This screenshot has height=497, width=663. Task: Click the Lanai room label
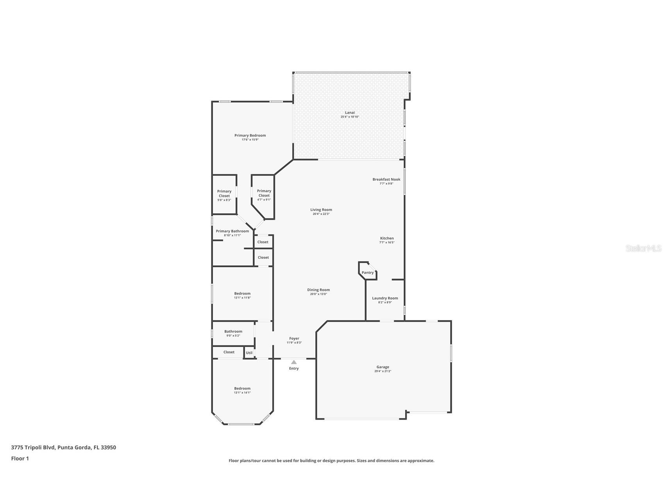pyautogui.click(x=350, y=113)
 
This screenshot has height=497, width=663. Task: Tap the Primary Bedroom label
pyautogui.click(x=250, y=136)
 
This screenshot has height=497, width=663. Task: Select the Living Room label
pyautogui.click(x=321, y=210)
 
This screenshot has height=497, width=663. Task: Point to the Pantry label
pyautogui.click(x=368, y=273)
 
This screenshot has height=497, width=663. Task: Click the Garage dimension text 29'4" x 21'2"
pyautogui.click(x=382, y=371)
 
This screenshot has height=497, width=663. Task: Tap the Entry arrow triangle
pyautogui.click(x=294, y=362)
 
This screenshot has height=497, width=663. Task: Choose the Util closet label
pyautogui.click(x=249, y=353)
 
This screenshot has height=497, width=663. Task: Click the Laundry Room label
pyautogui.click(x=385, y=298)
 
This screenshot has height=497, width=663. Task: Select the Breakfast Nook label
pyautogui.click(x=386, y=179)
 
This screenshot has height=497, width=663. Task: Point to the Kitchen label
pyautogui.click(x=387, y=238)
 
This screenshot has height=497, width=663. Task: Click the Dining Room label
pyautogui.click(x=318, y=290)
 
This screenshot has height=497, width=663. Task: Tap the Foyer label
pyautogui.click(x=294, y=338)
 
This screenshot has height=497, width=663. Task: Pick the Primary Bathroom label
pyautogui.click(x=232, y=231)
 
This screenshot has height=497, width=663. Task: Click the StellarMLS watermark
pyautogui.click(x=643, y=248)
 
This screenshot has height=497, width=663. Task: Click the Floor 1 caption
pyautogui.click(x=20, y=458)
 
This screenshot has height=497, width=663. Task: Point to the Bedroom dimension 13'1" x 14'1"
pyautogui.click(x=242, y=393)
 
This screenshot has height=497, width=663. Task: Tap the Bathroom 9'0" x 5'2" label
pyautogui.click(x=233, y=331)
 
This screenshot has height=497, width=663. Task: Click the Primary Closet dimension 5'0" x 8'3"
pyautogui.click(x=224, y=200)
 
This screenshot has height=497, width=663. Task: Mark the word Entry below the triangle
pyautogui.click(x=294, y=368)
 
